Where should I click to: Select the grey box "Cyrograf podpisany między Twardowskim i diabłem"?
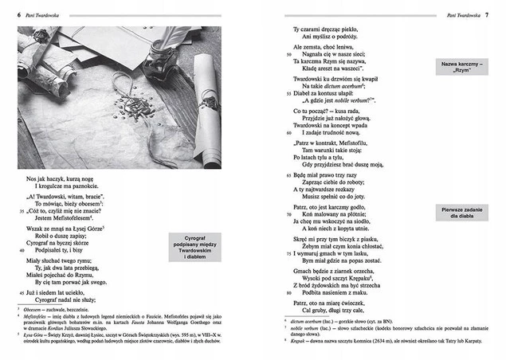(195, 247)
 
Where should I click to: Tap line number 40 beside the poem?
(22, 249)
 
